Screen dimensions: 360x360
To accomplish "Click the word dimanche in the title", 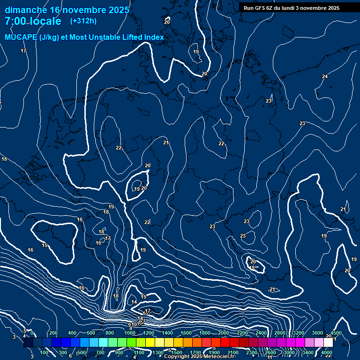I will coord(25,10).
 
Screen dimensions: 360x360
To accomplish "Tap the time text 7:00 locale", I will coord(33,22).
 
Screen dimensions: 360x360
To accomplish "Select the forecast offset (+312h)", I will coord(83,21).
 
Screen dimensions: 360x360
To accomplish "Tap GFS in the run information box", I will coord(261,8).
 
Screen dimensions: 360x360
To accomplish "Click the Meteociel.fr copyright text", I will coord(217,356).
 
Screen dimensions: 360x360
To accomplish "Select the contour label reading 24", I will coord(325,76).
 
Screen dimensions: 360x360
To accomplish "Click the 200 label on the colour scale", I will coord(53,333).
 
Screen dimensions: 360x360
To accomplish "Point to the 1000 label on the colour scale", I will coord(129,333).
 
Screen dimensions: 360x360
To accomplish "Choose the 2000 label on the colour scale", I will coord(224,333).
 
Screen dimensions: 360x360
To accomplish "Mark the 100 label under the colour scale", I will coord(44,352).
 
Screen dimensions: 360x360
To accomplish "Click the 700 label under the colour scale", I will coord(100,352).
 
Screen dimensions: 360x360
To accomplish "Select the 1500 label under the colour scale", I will coord(177,352).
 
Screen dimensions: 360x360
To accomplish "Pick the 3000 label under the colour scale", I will coord(289,352).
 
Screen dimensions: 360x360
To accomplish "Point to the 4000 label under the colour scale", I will coord(327,352).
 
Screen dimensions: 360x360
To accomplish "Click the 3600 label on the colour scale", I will coord(317,333).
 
